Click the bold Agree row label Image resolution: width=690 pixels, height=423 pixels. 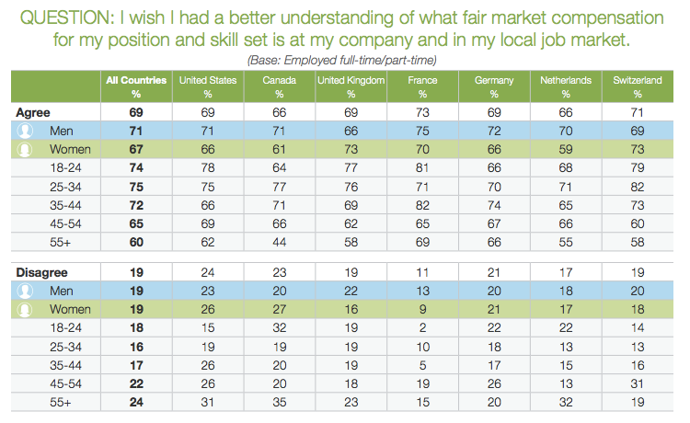(x=33, y=112)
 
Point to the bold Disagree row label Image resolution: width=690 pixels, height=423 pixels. (x=41, y=272)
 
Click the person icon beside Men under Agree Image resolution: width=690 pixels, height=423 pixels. (x=25, y=131)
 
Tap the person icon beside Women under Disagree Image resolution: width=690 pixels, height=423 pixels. (x=25, y=310)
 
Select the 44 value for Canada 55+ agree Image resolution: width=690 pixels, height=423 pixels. (x=280, y=242)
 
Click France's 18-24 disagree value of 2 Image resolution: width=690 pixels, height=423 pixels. (x=422, y=328)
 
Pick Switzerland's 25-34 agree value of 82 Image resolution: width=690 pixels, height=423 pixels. (x=638, y=187)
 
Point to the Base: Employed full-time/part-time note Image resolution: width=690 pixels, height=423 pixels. (x=342, y=60)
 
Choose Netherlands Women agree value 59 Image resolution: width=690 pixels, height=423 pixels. (x=566, y=150)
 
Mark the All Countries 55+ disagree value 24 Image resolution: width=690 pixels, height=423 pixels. (x=136, y=403)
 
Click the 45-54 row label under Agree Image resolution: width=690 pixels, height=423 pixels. (x=65, y=223)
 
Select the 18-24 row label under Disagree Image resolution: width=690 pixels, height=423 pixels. (x=65, y=328)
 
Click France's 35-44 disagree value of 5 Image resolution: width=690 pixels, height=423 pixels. (x=422, y=365)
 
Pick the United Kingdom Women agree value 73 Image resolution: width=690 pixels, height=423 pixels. (x=351, y=150)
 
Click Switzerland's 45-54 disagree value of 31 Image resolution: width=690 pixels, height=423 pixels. (x=638, y=383)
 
